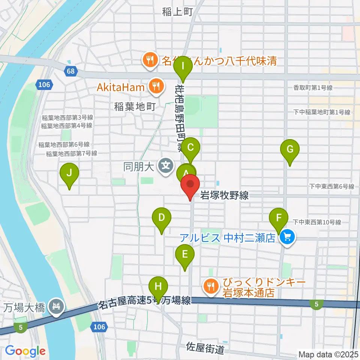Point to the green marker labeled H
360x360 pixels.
pos(159,287)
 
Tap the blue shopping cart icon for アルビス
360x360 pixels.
pos(288,237)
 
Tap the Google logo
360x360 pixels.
pos(25,351)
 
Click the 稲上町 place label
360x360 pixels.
pos(177,12)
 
